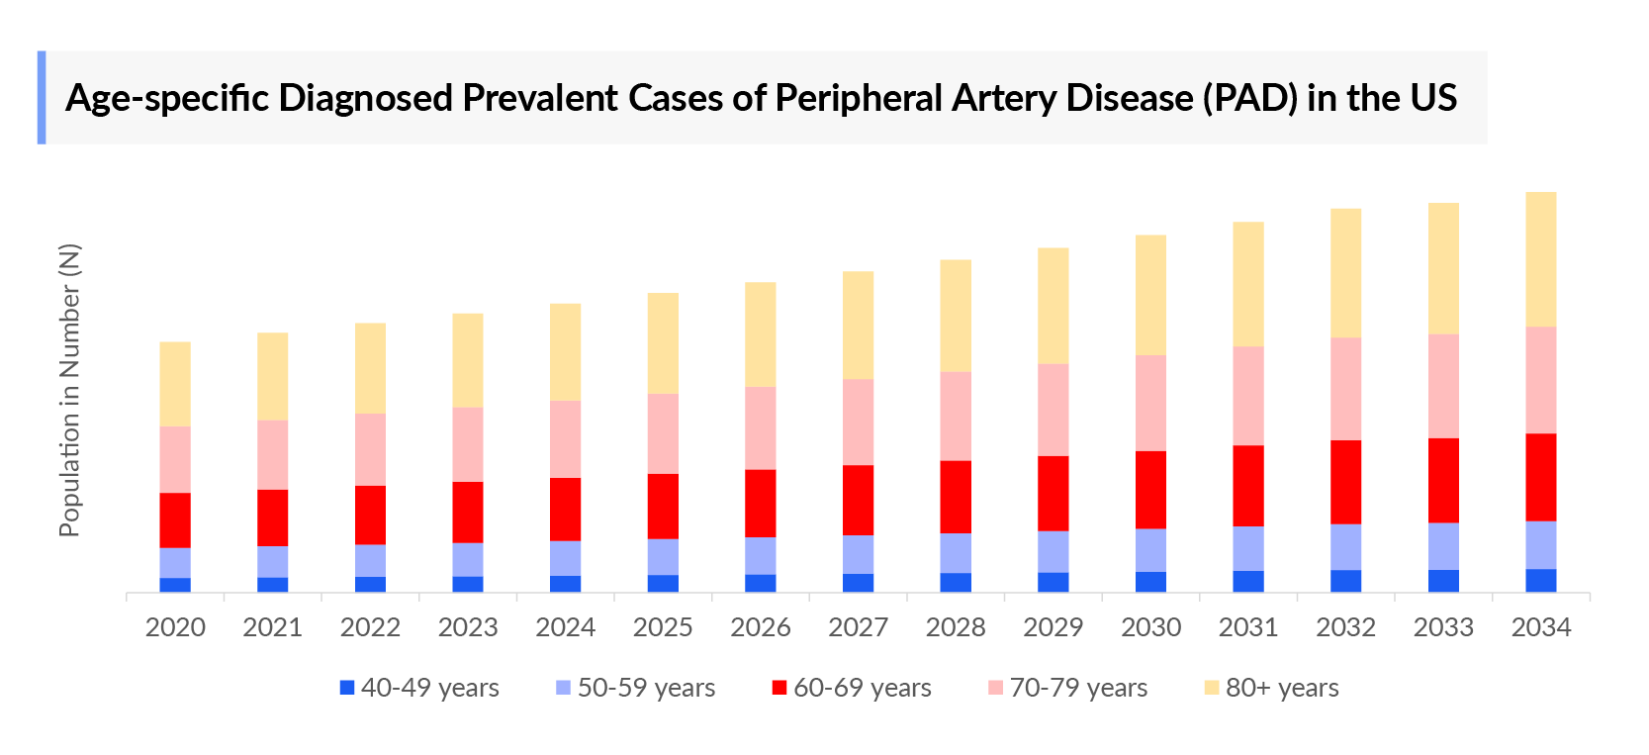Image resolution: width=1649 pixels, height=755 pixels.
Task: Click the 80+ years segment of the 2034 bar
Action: (x=1540, y=259)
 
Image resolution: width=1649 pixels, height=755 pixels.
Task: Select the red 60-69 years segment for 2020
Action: (x=175, y=519)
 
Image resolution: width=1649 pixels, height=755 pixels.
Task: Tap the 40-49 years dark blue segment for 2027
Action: (x=858, y=583)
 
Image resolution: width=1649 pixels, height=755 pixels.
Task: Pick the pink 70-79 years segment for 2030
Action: (x=1150, y=403)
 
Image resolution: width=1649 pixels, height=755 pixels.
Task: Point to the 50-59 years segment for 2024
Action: (x=565, y=558)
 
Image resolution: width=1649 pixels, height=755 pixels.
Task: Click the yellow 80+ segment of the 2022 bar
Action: (x=370, y=368)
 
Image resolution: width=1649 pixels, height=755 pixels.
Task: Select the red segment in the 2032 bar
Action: (x=1345, y=482)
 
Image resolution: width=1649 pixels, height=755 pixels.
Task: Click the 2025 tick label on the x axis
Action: (x=663, y=627)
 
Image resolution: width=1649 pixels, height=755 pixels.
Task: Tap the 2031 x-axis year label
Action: (x=1247, y=627)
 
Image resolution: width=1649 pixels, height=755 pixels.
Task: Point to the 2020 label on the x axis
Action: (x=175, y=627)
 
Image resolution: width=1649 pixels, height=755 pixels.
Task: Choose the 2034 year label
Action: (x=1540, y=627)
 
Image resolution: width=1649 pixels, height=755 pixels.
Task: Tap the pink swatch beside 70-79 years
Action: (x=995, y=688)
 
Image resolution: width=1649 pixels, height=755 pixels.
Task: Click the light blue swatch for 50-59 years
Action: (x=564, y=688)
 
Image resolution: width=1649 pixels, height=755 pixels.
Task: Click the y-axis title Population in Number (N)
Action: (x=69, y=390)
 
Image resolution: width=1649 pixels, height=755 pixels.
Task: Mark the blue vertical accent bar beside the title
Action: (x=42, y=98)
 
